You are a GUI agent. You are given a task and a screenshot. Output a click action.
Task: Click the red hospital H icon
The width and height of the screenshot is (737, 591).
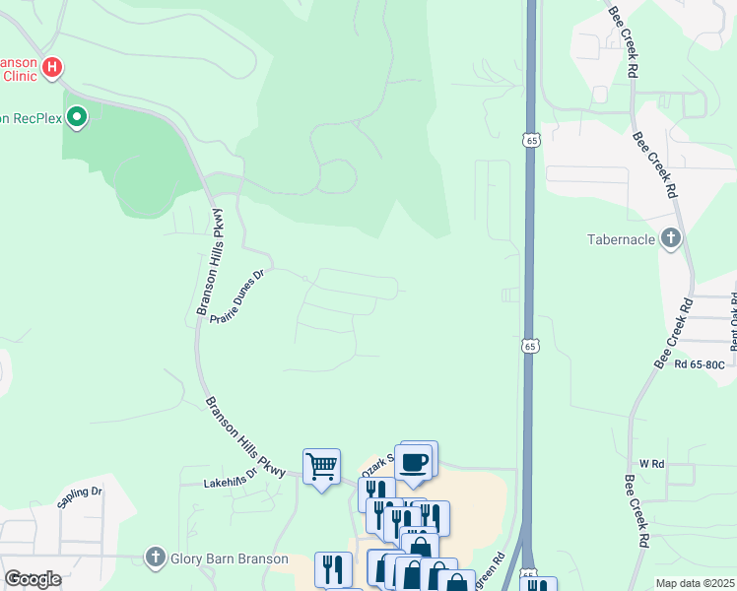point(53,68)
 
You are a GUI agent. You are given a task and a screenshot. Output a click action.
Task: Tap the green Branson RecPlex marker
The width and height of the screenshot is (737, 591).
point(77,118)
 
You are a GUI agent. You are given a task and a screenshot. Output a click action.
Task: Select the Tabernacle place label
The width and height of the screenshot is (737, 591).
point(621,239)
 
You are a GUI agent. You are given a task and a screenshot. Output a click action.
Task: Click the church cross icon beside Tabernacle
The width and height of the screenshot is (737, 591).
point(671,238)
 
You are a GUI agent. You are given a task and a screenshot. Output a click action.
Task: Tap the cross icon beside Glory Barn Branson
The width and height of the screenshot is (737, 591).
point(155,558)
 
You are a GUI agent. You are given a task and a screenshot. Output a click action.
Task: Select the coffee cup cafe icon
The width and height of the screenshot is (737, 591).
point(415,461)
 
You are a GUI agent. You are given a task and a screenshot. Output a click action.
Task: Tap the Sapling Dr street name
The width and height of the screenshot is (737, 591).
point(80,496)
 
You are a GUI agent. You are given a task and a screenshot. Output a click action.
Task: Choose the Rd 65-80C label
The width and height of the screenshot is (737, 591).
point(700,364)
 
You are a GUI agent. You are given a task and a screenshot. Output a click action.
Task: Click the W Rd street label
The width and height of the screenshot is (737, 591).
point(653,462)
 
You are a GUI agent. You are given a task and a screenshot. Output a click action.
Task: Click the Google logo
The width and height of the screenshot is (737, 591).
point(33,579)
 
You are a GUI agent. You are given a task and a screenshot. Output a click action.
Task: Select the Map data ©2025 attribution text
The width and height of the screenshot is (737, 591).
point(695,583)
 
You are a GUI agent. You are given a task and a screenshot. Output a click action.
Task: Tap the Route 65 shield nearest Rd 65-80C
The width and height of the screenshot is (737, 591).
point(530,346)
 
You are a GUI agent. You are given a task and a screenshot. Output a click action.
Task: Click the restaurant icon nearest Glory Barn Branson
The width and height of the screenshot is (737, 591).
point(333,567)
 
